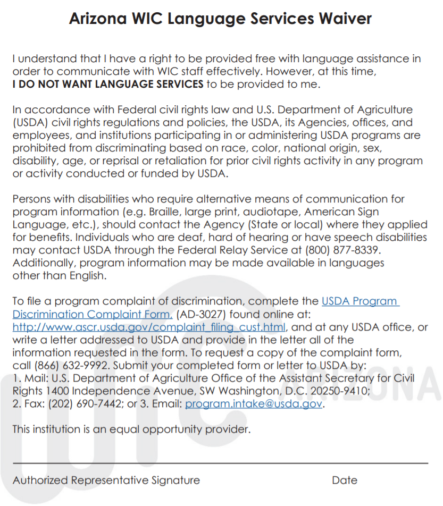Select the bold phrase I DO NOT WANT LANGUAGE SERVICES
click(x=108, y=84)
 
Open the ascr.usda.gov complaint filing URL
click(x=149, y=327)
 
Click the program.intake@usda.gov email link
click(x=254, y=404)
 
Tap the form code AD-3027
click(x=202, y=314)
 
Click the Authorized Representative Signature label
click(x=106, y=480)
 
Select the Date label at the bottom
click(x=345, y=480)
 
